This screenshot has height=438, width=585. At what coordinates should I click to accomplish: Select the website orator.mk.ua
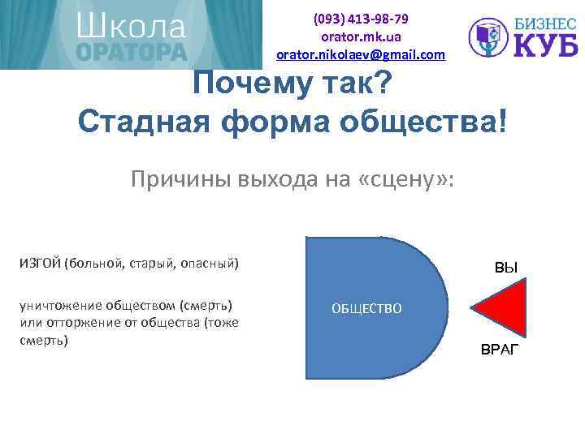[x=361, y=37]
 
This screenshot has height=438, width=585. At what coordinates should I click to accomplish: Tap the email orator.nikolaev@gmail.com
[x=361, y=55]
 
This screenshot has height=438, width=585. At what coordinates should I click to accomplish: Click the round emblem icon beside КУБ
[x=491, y=38]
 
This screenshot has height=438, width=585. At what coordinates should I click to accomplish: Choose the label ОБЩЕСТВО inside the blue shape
[x=366, y=309]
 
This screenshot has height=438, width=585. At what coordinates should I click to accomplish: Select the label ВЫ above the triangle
[x=506, y=268]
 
